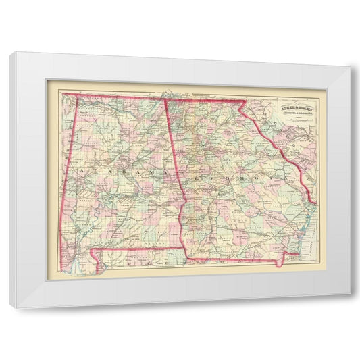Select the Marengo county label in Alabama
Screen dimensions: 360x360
pos(86,200)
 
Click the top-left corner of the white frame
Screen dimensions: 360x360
pos(9,52)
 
